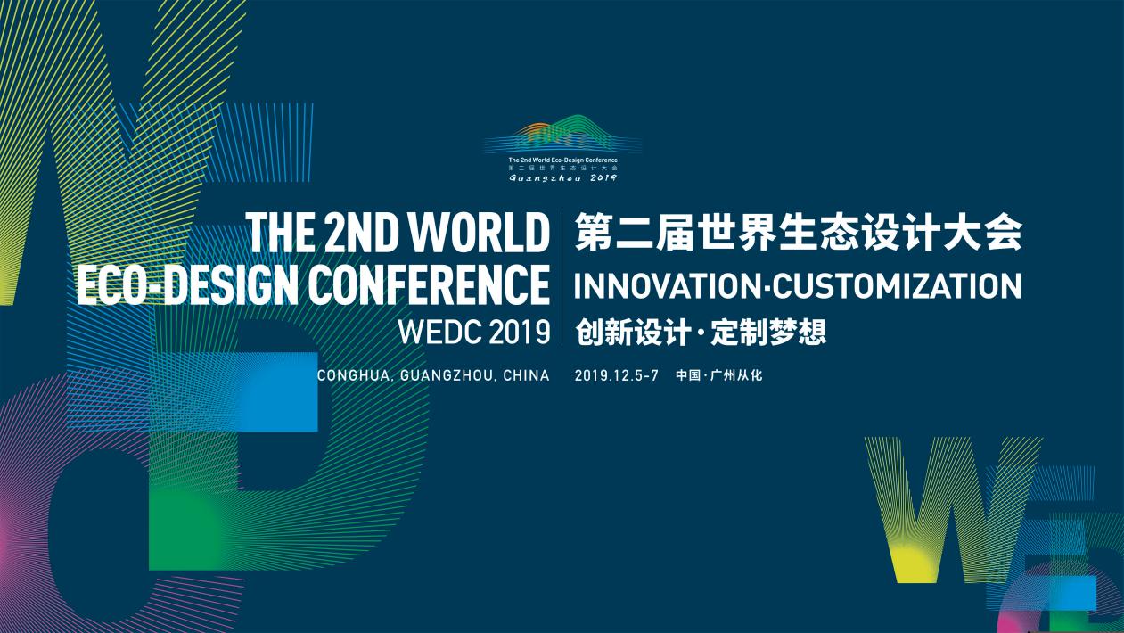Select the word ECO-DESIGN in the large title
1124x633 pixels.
tap(186, 284)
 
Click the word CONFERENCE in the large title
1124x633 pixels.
tap(429, 284)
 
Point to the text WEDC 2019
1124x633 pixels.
tap(474, 332)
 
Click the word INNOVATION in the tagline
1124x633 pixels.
tap(668, 285)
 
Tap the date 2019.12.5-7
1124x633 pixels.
tap(616, 375)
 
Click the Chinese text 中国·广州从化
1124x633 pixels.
tap(719, 375)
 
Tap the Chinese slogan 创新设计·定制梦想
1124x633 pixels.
tap(701, 333)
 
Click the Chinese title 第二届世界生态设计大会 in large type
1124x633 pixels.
tap(799, 232)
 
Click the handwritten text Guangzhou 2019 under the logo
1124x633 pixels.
tap(563, 177)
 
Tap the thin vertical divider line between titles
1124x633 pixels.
tap(562, 278)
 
